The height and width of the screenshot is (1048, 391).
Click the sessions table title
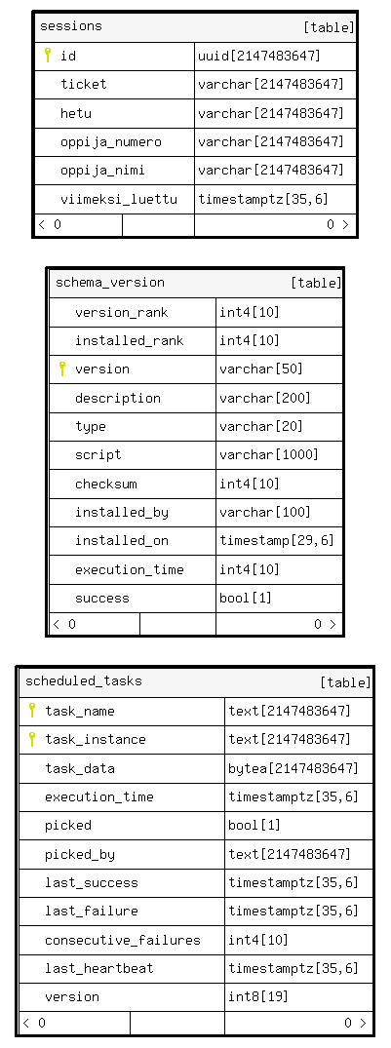tap(71, 26)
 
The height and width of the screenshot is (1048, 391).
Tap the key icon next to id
tap(48, 56)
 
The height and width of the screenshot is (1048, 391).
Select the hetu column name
tap(76, 113)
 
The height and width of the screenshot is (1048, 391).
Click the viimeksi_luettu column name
tap(119, 199)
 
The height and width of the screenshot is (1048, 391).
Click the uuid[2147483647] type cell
tap(259, 56)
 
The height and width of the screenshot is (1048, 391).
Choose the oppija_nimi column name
tap(103, 171)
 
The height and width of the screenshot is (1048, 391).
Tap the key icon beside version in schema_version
tap(62, 369)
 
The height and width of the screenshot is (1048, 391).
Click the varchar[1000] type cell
tap(269, 455)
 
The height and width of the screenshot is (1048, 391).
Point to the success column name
tap(102, 599)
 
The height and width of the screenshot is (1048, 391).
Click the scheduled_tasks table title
tap(84, 681)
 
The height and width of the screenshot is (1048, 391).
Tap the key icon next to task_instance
tap(31, 739)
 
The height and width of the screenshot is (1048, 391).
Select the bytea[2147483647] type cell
tap(293, 768)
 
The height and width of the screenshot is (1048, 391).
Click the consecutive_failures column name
tap(123, 941)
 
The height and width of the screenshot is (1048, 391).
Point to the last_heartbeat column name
tap(98, 968)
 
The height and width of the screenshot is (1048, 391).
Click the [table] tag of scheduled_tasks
tap(345, 682)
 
